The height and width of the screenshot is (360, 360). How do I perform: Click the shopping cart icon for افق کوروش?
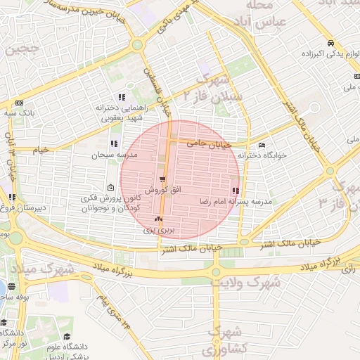pos(162,179)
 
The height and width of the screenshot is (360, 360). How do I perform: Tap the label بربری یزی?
pos(158,229)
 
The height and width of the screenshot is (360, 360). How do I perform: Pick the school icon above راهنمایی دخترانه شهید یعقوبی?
pos(122,97)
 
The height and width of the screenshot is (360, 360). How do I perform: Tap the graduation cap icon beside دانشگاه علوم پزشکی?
pos(67,337)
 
